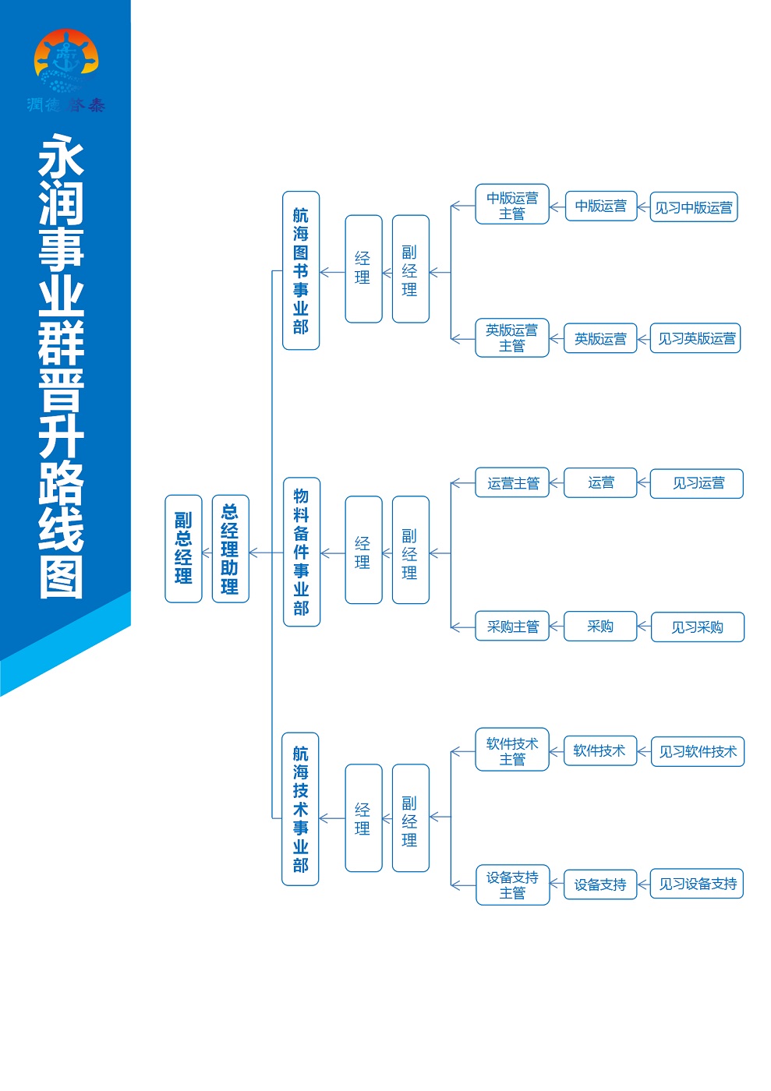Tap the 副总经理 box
tap(183, 549)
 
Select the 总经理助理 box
tap(231, 549)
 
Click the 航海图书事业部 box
tap(301, 270)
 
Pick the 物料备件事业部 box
tap(302, 552)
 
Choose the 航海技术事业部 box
tap(300, 809)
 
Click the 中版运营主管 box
tap(512, 204)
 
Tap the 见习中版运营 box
tap(694, 207)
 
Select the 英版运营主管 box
tap(512, 337)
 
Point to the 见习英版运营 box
tap(695, 338)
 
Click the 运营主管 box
tap(512, 482)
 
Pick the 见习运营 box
tap(697, 484)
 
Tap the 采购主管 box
tap(512, 626)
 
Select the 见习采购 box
tap(698, 627)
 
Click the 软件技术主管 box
tap(512, 750)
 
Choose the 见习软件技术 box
tap(698, 751)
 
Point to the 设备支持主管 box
tap(513, 885)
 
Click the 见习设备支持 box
tap(697, 884)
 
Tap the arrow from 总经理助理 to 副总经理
tap(207, 553)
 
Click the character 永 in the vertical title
tap(61, 155)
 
